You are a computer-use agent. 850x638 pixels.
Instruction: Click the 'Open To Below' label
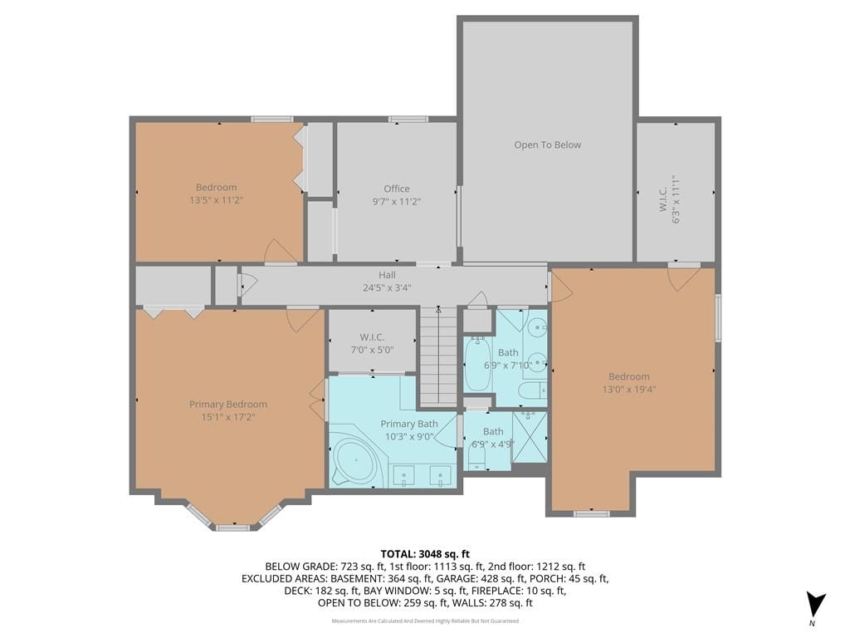[548, 145]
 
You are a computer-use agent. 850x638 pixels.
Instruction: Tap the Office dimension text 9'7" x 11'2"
[397, 201]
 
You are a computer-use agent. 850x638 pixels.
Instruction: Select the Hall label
[387, 275]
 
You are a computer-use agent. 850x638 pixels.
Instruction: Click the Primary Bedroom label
[228, 405]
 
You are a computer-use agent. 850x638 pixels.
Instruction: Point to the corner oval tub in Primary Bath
[356, 460]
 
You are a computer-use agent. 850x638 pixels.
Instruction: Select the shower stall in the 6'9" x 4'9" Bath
[529, 437]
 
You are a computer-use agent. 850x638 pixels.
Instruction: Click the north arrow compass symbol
[815, 606]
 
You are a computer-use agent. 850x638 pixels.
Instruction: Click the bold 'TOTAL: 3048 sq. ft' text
[425, 554]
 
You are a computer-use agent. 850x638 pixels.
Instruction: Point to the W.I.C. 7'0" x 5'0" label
[372, 344]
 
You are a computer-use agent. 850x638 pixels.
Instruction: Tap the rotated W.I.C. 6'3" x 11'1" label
[670, 199]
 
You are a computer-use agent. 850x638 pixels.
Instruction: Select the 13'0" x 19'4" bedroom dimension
[629, 389]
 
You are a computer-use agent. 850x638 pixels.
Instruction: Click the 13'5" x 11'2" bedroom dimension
[217, 200]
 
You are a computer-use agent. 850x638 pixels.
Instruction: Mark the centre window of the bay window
[233, 528]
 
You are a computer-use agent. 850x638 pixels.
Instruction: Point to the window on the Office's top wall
[408, 120]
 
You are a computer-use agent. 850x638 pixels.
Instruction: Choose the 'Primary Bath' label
[409, 424]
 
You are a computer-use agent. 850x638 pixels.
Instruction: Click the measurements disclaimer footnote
[425, 621]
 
